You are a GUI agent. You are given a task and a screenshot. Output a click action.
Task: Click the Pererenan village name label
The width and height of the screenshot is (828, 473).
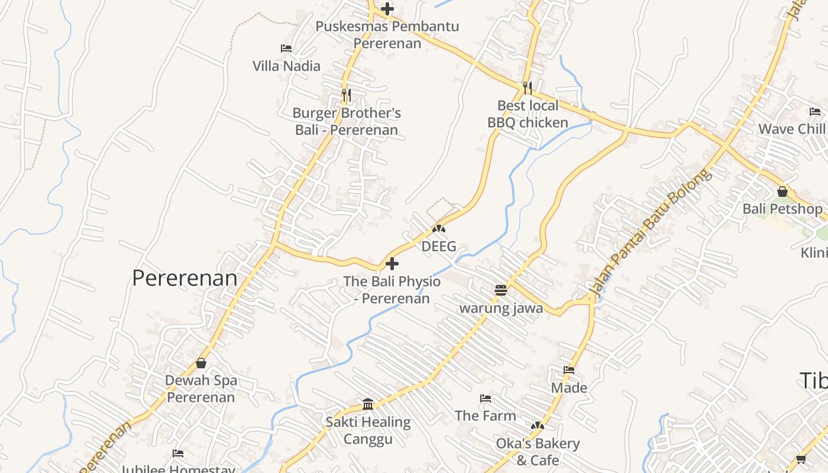coord(185,278)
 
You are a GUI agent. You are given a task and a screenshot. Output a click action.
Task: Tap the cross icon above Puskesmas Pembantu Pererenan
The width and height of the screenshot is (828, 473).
coord(387,9)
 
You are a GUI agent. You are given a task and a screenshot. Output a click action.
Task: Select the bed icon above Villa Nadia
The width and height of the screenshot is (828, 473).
coord(286,48)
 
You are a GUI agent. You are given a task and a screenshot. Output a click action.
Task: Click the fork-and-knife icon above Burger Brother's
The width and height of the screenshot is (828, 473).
coord(347,94)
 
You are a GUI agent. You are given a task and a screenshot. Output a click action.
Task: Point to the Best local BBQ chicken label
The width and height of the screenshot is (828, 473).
coord(528,114)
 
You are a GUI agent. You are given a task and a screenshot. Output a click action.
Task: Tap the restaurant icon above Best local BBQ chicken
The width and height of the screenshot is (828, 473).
coord(528,88)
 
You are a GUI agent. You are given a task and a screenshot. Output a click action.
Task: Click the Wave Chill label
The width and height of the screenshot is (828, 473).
coord(792,129)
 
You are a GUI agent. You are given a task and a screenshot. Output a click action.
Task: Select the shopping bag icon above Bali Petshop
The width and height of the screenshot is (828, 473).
coord(782,192)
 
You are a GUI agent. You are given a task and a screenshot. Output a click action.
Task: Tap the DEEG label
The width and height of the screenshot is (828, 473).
coord(439,246)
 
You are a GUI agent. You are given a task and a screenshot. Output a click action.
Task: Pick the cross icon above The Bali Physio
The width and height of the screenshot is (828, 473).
coord(392,264)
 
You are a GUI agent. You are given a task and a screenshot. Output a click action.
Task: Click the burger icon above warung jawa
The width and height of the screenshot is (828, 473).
coord(501,290)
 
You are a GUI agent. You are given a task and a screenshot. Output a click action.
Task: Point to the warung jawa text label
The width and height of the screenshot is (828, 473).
coord(501,308)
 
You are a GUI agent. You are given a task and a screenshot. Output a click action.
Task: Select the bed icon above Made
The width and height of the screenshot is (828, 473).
coord(569,370)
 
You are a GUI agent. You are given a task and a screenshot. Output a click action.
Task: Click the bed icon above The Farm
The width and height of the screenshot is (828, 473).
coord(486,399)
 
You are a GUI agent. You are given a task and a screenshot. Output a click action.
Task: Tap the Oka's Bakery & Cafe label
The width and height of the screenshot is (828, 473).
coord(538,451)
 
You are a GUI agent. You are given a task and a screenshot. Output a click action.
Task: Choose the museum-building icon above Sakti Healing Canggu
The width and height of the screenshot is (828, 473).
coord(368,404)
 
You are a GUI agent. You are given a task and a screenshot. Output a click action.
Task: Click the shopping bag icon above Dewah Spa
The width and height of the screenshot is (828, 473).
coord(201,362)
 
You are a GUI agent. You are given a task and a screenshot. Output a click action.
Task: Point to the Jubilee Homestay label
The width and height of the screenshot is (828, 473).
coord(178,469)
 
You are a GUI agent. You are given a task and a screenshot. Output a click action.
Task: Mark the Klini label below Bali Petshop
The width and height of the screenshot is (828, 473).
coord(813,252)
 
